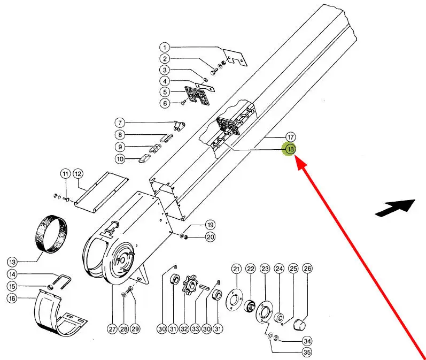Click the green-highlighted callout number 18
point(290,149)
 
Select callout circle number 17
point(290,137)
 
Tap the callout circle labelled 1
point(165,48)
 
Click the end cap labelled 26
point(300,324)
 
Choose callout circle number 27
point(112,329)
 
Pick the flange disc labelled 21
point(235,301)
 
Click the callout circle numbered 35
point(307,353)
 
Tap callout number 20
point(211,237)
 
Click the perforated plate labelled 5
point(197,95)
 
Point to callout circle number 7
point(120,122)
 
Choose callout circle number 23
point(265,269)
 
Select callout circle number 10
point(120,159)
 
